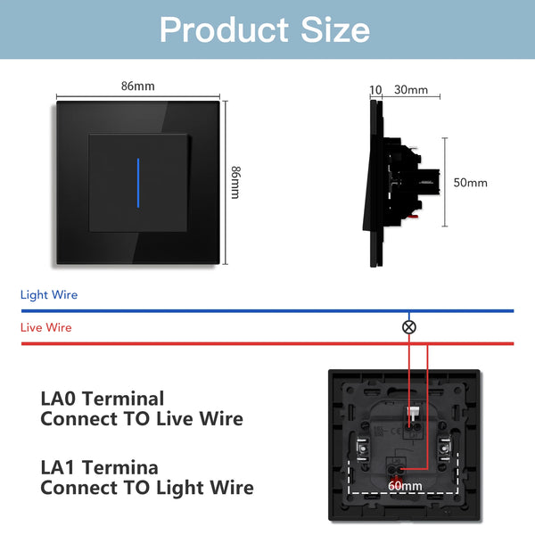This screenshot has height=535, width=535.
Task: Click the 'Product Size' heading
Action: pyautogui.click(x=265, y=29)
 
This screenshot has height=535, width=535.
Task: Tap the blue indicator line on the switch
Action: pyautogui.click(x=138, y=183)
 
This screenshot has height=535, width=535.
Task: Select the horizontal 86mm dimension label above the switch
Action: pyautogui.click(x=138, y=86)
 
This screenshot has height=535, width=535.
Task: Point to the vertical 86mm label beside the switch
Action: pyautogui.click(x=235, y=183)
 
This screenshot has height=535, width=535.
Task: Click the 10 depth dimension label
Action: pyautogui.click(x=375, y=90)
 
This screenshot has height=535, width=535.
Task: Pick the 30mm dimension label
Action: pyautogui.click(x=411, y=90)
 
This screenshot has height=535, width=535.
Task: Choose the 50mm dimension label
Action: pyautogui.click(x=470, y=183)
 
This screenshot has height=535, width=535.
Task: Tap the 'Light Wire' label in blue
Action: pyautogui.click(x=49, y=295)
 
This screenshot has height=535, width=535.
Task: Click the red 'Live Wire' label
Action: pyautogui.click(x=46, y=327)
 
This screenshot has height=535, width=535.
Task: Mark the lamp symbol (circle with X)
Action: pyautogui.click(x=409, y=327)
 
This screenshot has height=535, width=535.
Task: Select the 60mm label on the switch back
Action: pyautogui.click(x=405, y=486)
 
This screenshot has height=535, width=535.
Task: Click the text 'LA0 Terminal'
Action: pyautogui.click(x=103, y=399)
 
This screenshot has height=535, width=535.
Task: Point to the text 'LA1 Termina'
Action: pyautogui.click(x=99, y=467)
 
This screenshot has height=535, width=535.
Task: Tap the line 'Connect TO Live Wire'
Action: pyautogui.click(x=142, y=419)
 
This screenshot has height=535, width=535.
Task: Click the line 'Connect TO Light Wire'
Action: pyautogui.click(x=147, y=488)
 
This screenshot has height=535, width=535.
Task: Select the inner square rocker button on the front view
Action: pyautogui.click(x=138, y=183)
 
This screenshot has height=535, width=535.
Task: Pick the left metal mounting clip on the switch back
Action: pyautogui.click(x=362, y=449)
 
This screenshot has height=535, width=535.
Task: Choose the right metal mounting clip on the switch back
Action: pyautogui.click(x=445, y=449)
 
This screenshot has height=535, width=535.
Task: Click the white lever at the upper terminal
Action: pyautogui.click(x=413, y=414)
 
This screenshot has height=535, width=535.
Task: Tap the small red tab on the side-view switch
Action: pyautogui.click(x=414, y=216)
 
